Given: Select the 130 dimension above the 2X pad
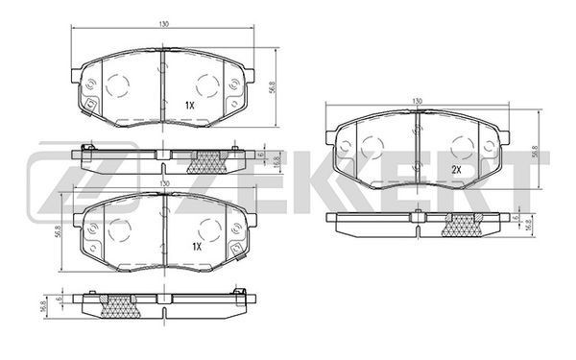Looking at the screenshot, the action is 417,101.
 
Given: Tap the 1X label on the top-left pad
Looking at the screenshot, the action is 189,106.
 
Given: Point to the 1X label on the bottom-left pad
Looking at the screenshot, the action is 197,247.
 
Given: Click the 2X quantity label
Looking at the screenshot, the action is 456,170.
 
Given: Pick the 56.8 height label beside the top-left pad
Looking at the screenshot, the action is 272,87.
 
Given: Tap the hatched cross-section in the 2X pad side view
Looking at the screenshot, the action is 462,226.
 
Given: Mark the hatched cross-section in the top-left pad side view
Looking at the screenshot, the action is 207,162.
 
